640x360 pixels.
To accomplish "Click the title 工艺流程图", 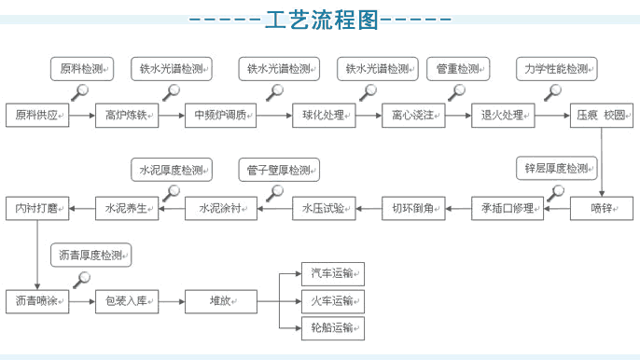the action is coord(322,20).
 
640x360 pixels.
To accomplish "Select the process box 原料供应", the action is coord(37,116).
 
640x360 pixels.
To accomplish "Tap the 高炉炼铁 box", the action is coord(127,116).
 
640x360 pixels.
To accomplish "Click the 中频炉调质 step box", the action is coord(221,116).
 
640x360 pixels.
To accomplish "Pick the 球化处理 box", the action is coord(324,116).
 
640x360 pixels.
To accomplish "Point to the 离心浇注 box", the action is coord(413,116).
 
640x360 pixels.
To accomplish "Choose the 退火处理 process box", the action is coord(503,116).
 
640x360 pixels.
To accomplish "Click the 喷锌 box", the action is coord(602,209).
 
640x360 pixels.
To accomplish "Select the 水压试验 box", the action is coord(324,209).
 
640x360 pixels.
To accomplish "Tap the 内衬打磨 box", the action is coord(37,209).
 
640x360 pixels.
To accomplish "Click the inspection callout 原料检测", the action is coord(82,69).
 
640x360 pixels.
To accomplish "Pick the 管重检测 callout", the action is coord(458,69).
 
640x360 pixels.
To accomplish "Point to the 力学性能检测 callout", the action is coord(557,69).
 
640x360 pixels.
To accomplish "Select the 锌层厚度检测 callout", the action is coord(557,168).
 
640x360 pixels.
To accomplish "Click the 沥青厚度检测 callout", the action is coord(91,256).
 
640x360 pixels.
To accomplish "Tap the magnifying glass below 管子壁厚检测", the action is coord(274,193).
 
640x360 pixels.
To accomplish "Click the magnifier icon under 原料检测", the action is coord(80,92).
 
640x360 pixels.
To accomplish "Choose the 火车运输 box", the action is coord(333,301).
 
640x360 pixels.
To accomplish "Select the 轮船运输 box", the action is coord(333,328).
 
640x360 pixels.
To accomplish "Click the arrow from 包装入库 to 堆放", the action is coord(172,301).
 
